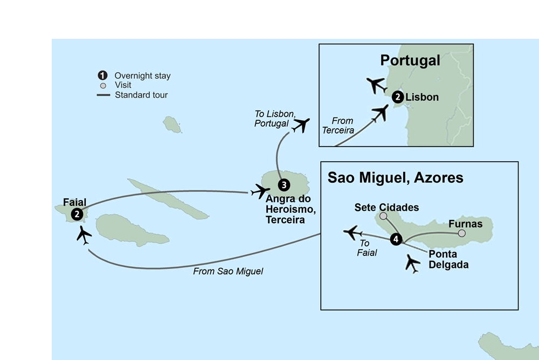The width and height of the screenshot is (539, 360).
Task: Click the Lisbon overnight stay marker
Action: (397, 98)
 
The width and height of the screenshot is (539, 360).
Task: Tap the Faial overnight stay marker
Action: (78, 214)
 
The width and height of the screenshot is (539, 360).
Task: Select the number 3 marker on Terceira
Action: (284, 185)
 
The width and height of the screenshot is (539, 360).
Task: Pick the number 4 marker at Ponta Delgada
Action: (396, 240)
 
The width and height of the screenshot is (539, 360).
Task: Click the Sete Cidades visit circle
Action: (383, 216)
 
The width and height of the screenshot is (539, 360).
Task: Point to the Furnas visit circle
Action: (462, 233)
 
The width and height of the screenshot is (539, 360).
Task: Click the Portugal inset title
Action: (410, 60)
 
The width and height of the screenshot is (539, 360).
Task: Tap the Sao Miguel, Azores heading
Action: (395, 178)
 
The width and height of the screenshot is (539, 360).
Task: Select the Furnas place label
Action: (465, 223)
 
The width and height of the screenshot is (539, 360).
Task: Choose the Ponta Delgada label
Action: (448, 260)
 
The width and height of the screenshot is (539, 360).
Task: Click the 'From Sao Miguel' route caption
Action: (228, 272)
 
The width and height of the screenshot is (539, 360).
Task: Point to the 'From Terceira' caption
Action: (340, 126)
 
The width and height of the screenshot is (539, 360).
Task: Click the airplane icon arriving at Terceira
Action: (260, 191)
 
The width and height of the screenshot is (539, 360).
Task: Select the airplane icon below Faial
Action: (84, 235)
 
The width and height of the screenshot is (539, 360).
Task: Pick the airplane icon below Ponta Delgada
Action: (412, 264)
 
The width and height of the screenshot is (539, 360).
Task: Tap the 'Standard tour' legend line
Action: (103, 95)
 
